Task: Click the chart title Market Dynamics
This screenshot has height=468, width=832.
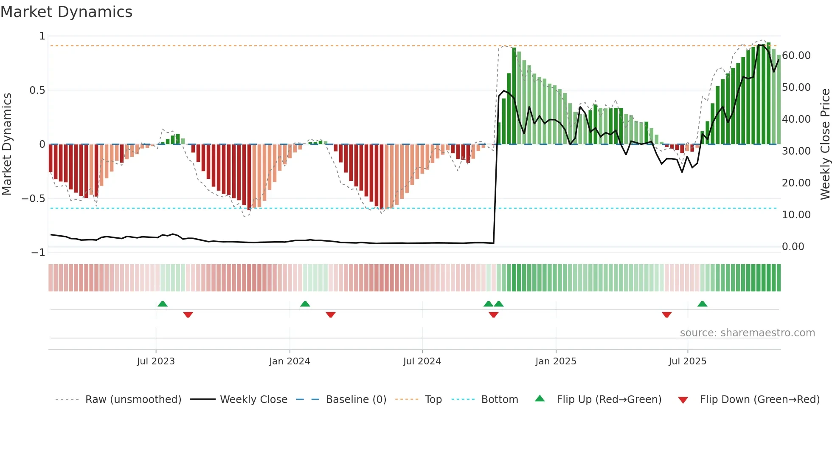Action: click(x=66, y=12)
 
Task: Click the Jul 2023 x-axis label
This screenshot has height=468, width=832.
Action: click(x=156, y=361)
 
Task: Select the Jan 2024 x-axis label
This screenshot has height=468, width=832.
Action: click(x=290, y=361)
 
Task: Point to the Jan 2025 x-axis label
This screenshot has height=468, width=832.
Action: click(x=556, y=361)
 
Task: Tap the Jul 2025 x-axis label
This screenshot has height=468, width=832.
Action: click(x=687, y=361)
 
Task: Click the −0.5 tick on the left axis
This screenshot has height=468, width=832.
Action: click(x=33, y=199)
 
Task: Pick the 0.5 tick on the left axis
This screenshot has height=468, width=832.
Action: click(x=37, y=90)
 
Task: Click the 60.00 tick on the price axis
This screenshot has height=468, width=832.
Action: click(x=796, y=56)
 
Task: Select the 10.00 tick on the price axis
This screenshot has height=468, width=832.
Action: click(x=796, y=215)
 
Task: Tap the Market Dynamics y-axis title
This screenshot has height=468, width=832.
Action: click(x=7, y=144)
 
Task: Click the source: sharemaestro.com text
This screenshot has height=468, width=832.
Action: click(x=747, y=333)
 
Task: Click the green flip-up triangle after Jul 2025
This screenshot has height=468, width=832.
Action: click(x=702, y=304)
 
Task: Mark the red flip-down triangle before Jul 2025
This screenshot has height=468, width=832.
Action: click(x=666, y=315)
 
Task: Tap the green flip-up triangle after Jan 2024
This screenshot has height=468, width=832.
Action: click(x=305, y=304)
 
